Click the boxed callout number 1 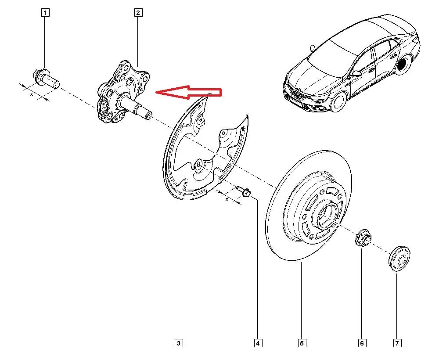tap(45, 13)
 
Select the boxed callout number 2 tap(138, 13)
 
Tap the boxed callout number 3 tap(179, 343)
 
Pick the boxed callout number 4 tap(258, 343)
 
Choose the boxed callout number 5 tap(302, 343)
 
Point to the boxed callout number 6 tap(362, 343)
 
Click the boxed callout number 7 tap(397, 343)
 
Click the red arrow tap(188, 92)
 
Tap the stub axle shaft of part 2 tap(136, 106)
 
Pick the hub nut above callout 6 tap(363, 238)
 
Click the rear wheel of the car tap(403, 65)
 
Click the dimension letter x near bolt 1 tap(31, 95)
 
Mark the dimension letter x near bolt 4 tap(227, 199)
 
